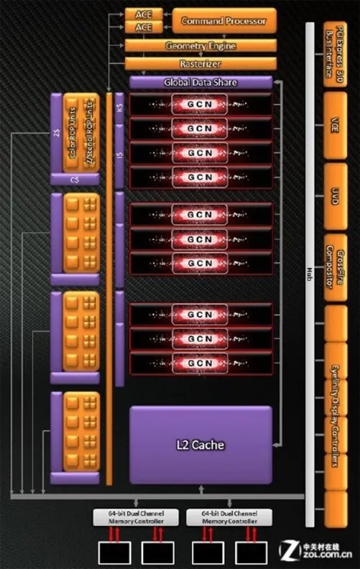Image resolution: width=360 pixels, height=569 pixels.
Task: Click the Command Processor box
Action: [x=223, y=21]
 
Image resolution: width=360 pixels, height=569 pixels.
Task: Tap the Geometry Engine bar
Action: [x=200, y=47]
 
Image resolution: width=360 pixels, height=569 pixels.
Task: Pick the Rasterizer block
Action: [x=200, y=63]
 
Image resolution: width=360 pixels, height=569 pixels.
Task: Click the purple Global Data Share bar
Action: [x=200, y=83]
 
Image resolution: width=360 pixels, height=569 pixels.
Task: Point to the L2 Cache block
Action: [x=200, y=445]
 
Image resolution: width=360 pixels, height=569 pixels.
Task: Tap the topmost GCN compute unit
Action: [x=200, y=104]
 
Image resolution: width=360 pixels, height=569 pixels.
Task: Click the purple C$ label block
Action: [x=75, y=180]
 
